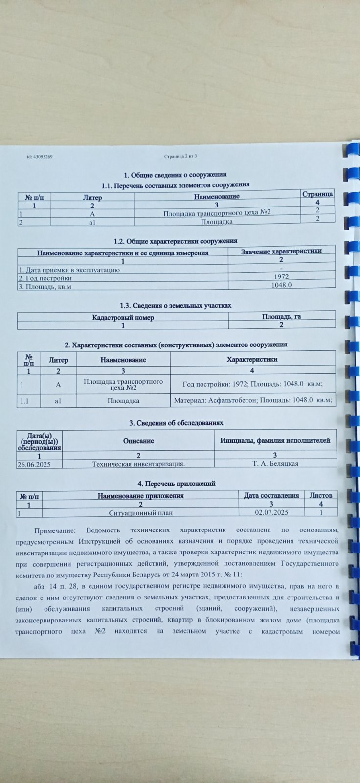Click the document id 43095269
[40, 157]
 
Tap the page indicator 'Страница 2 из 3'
[180, 156]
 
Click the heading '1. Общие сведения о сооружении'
[175, 175]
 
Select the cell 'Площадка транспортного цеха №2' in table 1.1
[217, 212]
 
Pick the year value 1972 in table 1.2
[282, 276]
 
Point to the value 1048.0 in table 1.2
[282, 284]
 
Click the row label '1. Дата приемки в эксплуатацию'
[69, 270]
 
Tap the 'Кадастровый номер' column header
[123, 318]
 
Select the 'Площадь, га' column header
[281, 317]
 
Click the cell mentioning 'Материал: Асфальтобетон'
[253, 400]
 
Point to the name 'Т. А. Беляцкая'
[275, 463]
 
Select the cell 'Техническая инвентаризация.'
[138, 464]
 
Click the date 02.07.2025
[271, 512]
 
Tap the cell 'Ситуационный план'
[140, 513]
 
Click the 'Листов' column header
[321, 495]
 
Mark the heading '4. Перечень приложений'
[177, 484]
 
